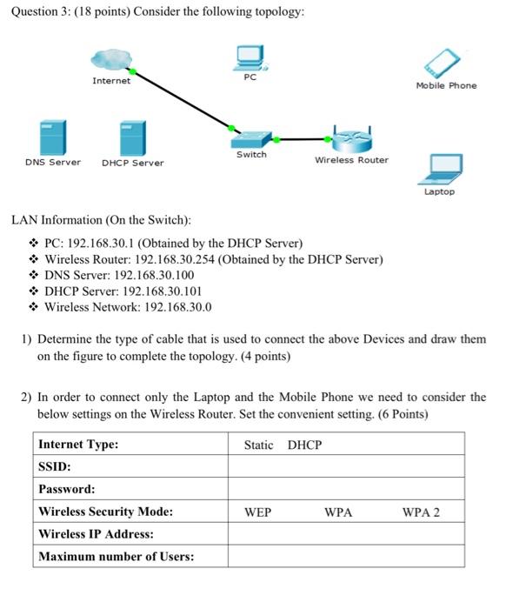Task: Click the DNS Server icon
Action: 51,137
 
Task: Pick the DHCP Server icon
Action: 132,137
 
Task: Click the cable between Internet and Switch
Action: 183,99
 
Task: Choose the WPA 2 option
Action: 421,512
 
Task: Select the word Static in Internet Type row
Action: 258,445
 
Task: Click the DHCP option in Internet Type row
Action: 304,445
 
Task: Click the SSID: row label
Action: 54,467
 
